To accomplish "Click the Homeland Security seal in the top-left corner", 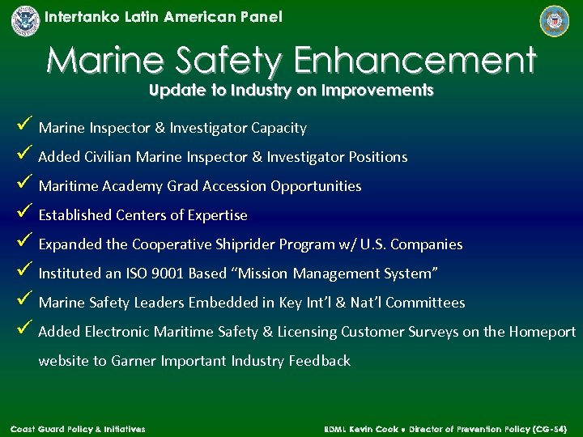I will [25, 20].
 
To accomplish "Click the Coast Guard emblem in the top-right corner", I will [555, 20].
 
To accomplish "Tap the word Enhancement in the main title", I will [414, 61].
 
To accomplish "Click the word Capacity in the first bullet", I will [279, 128].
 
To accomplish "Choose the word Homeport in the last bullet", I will [542, 332].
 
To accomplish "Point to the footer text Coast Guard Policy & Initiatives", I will [78, 428].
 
